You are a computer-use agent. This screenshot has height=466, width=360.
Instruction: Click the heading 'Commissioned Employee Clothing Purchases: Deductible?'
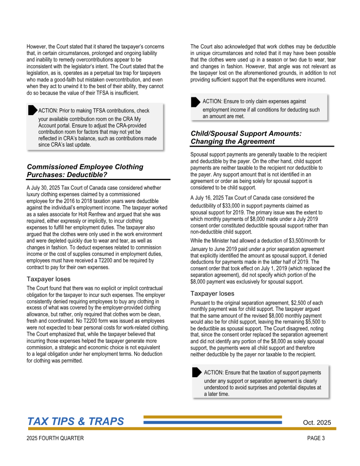[85, 171]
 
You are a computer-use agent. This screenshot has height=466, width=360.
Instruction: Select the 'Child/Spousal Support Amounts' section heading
[246, 137]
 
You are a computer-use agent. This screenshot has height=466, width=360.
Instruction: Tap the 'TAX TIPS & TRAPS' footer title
[76, 422]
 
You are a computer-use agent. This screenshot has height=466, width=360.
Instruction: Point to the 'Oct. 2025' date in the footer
[317, 423]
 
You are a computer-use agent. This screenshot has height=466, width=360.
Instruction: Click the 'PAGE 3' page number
[316, 439]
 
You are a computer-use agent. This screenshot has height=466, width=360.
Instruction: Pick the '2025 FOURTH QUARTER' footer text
[55, 439]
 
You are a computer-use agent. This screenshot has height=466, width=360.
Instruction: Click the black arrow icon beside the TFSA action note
[32, 110]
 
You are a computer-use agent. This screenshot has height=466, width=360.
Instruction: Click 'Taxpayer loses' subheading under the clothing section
[49, 279]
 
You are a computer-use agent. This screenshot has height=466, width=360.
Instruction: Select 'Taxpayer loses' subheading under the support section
[212, 294]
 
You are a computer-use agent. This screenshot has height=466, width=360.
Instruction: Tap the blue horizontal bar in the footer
[213, 422]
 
